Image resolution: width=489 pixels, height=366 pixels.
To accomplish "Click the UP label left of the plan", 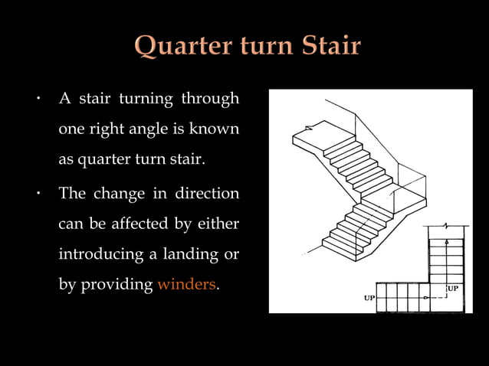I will click(x=369, y=298).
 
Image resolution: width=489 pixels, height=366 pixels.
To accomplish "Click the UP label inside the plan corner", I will click(x=452, y=289).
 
